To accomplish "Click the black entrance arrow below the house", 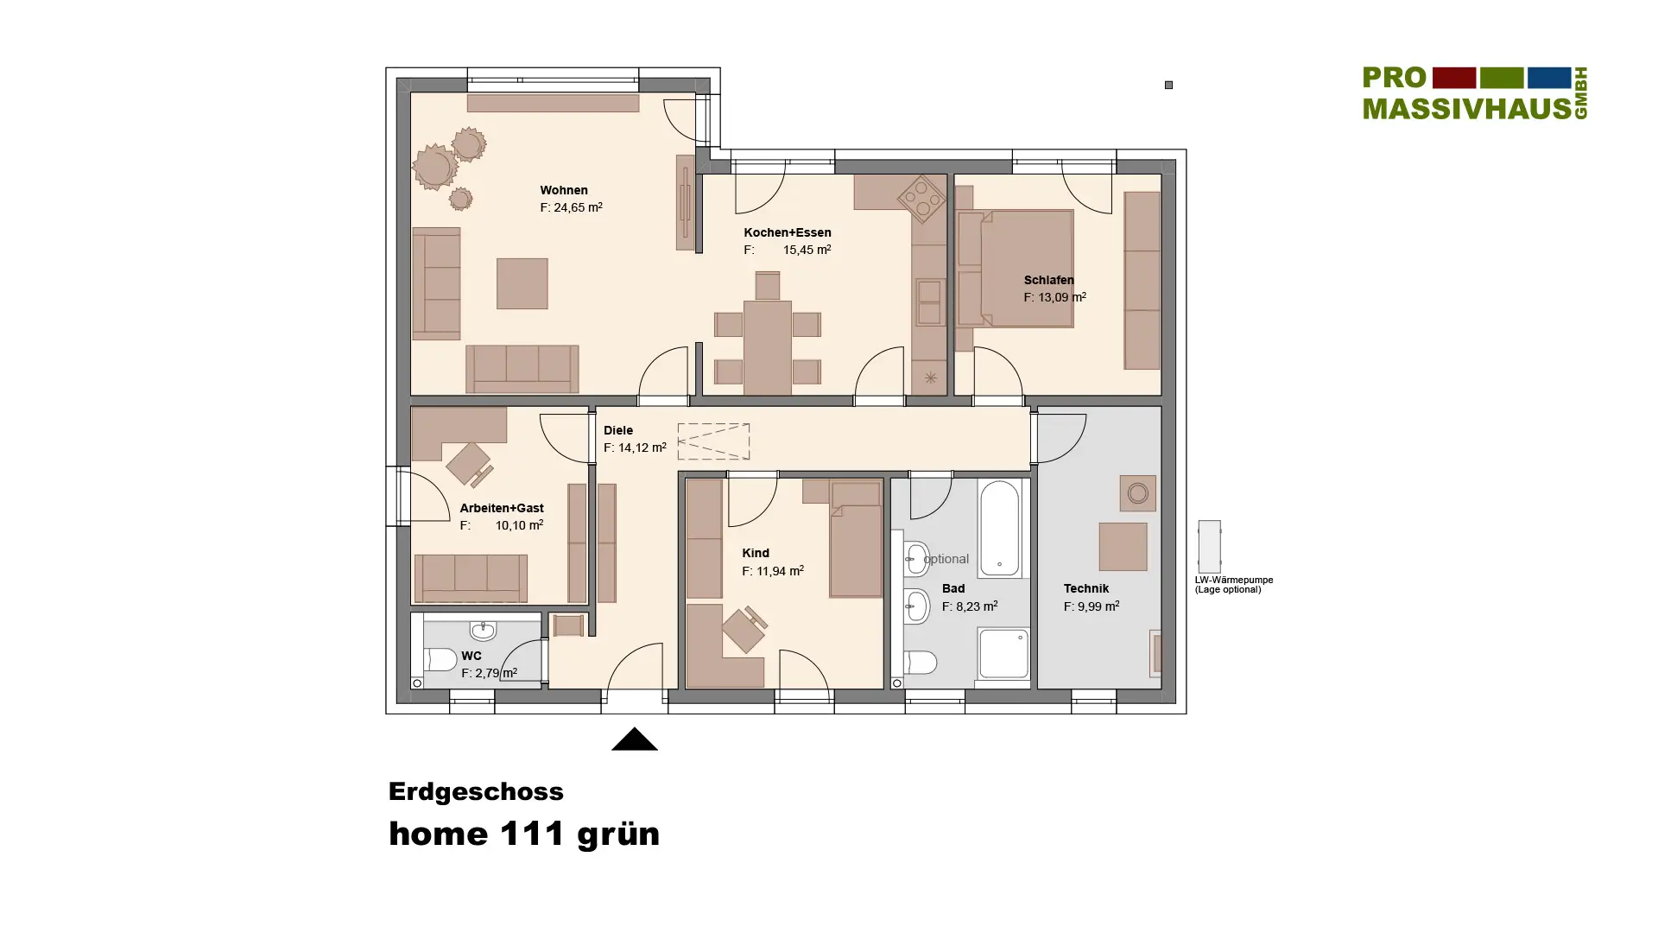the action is (635, 739).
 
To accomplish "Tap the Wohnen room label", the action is (564, 190).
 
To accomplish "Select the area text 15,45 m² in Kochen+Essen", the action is (807, 250).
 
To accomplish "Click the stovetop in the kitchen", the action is (921, 199).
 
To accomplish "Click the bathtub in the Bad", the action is (1000, 529).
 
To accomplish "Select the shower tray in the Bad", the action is (1003, 654).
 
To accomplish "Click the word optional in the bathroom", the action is (946, 559).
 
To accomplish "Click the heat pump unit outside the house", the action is (1209, 546).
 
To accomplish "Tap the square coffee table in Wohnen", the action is (522, 283).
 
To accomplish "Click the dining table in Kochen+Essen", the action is (767, 347).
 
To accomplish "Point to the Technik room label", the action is (1086, 588).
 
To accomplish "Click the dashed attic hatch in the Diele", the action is (713, 441).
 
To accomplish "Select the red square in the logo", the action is (1454, 78).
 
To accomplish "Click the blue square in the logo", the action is (1549, 78).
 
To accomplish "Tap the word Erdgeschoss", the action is (476, 792).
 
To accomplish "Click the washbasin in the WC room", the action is (483, 631).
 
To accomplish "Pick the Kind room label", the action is (756, 553).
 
